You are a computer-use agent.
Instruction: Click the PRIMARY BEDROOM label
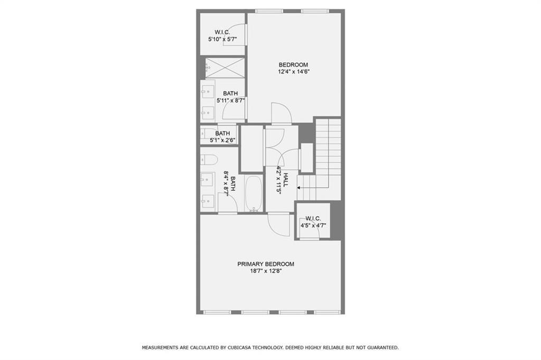click(x=266, y=264)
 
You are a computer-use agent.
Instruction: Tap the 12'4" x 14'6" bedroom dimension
click(x=293, y=72)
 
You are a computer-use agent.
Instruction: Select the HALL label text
click(x=286, y=180)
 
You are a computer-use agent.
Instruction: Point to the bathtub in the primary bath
click(x=254, y=193)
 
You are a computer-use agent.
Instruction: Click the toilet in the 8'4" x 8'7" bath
click(x=209, y=160)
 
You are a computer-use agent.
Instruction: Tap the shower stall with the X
click(x=225, y=68)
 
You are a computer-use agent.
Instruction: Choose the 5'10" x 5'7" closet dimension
click(x=222, y=39)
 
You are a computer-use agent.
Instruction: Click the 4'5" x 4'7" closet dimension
click(x=313, y=226)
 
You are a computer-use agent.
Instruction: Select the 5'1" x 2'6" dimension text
click(x=222, y=141)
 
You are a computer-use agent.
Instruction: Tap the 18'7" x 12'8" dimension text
click(x=266, y=271)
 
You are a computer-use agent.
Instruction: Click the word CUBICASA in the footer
click(x=240, y=347)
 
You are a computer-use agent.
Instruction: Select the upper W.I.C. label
click(x=222, y=32)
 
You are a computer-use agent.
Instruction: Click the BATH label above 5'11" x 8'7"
click(x=230, y=94)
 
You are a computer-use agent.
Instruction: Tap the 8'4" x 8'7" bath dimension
click(x=226, y=183)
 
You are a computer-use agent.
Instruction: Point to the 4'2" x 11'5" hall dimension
click(x=279, y=180)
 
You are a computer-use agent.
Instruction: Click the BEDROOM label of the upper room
click(x=293, y=64)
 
